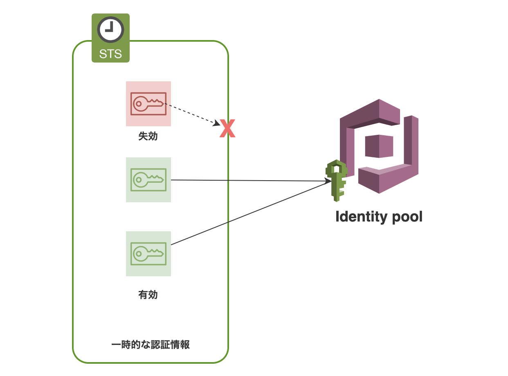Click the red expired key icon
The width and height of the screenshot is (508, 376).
[148, 104]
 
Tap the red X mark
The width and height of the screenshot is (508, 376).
[227, 128]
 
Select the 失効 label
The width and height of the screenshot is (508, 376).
[148, 137]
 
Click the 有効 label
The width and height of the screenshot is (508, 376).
[148, 295]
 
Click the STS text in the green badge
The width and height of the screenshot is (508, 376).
[110, 54]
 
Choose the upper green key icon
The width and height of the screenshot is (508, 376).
[148, 180]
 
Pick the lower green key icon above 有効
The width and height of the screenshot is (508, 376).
[148, 254]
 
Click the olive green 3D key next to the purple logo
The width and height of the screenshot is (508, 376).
[337, 180]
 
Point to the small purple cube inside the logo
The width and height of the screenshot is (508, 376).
[379, 146]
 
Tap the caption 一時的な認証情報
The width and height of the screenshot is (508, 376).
[151, 345]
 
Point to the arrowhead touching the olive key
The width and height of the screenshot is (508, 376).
[328, 181]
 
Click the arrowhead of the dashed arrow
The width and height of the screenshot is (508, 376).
[216, 122]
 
